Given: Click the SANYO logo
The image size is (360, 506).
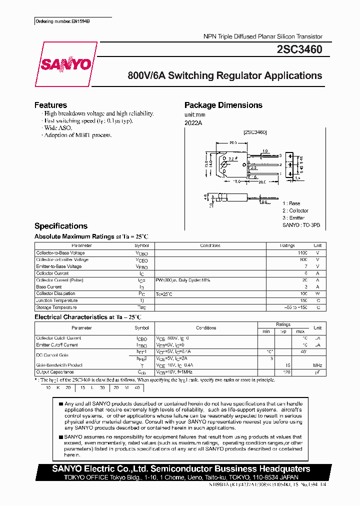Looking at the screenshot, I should pos(66,64).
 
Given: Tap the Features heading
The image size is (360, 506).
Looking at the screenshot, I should pos(50,105).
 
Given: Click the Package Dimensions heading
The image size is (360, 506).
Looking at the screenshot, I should pos(223,105).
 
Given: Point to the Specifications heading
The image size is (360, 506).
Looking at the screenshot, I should pos(60,226).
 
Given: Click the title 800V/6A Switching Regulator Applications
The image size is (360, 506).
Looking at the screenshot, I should pos(225,76).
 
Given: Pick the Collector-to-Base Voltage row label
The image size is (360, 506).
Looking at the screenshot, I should pos(60,253).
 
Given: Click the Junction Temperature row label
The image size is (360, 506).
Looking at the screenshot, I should pos(56,300).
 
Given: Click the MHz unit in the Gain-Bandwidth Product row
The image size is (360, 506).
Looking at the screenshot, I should pos(317,365).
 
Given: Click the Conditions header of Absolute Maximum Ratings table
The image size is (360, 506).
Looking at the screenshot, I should pos(210,246).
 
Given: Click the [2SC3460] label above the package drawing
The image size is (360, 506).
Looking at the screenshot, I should pos(254,132).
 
